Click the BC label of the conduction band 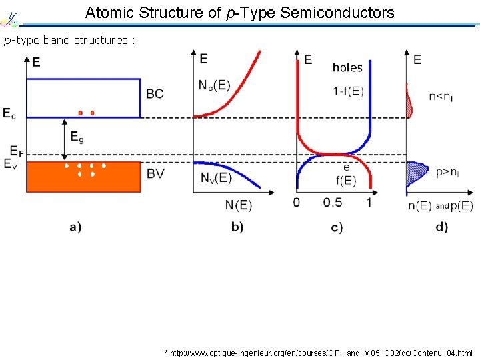point(155,93)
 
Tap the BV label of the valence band point(155,173)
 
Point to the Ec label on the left point(9,114)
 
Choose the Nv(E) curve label point(215,177)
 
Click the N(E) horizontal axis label point(238,204)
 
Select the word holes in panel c point(347,67)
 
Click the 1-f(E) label point(348,91)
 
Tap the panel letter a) point(75,227)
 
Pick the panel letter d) point(441,227)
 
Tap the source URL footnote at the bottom point(319,353)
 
